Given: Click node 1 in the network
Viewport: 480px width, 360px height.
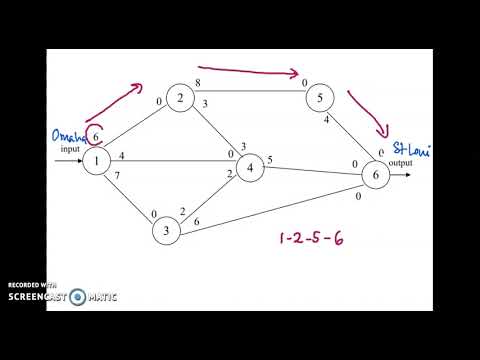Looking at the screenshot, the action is point(96,162).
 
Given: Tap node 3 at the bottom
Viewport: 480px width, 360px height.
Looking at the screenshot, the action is point(166,232).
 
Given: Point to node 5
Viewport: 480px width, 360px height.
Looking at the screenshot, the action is point(319,98).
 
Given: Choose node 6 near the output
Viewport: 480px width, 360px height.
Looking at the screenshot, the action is point(376,176).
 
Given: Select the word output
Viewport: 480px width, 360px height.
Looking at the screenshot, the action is point(400,162).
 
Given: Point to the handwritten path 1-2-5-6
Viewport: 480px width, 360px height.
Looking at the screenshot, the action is point(315,240).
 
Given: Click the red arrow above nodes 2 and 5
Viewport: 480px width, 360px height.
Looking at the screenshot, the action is point(256,72).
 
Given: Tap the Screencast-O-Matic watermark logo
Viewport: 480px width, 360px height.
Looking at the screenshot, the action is point(62,293).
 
